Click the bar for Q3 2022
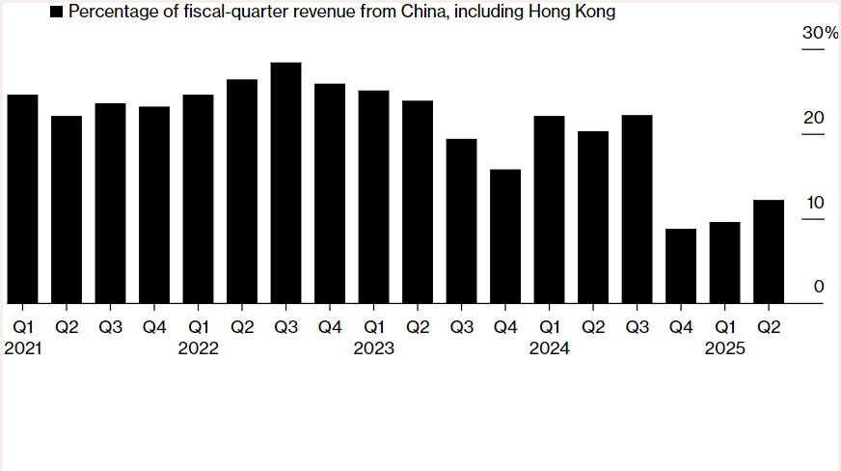(x=285, y=183)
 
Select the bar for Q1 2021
(x=22, y=199)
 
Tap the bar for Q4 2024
(x=681, y=266)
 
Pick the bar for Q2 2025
(x=769, y=252)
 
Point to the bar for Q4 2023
(x=505, y=236)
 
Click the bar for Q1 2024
(x=549, y=209)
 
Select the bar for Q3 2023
(x=461, y=221)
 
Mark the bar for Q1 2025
(x=724, y=263)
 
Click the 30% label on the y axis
(x=821, y=34)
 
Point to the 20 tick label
(x=814, y=119)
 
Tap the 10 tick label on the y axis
(x=814, y=203)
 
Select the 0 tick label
(x=819, y=287)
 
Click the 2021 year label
(x=23, y=348)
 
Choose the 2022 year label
(x=199, y=348)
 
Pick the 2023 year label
(x=374, y=348)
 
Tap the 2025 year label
(x=724, y=348)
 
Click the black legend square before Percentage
(x=56, y=13)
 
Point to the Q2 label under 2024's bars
(x=592, y=327)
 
